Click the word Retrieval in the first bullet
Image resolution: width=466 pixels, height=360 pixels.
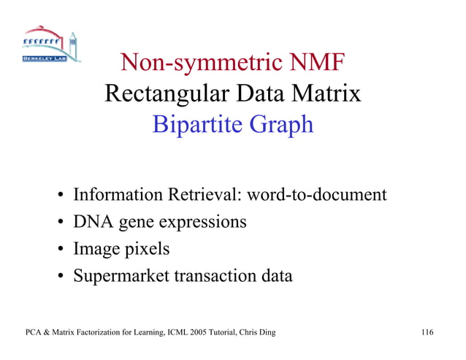(x=206, y=195)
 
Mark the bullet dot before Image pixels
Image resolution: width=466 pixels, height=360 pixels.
(x=59, y=250)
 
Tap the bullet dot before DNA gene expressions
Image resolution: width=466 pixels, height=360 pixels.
(x=59, y=223)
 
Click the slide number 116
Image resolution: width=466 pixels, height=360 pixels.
(x=427, y=334)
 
